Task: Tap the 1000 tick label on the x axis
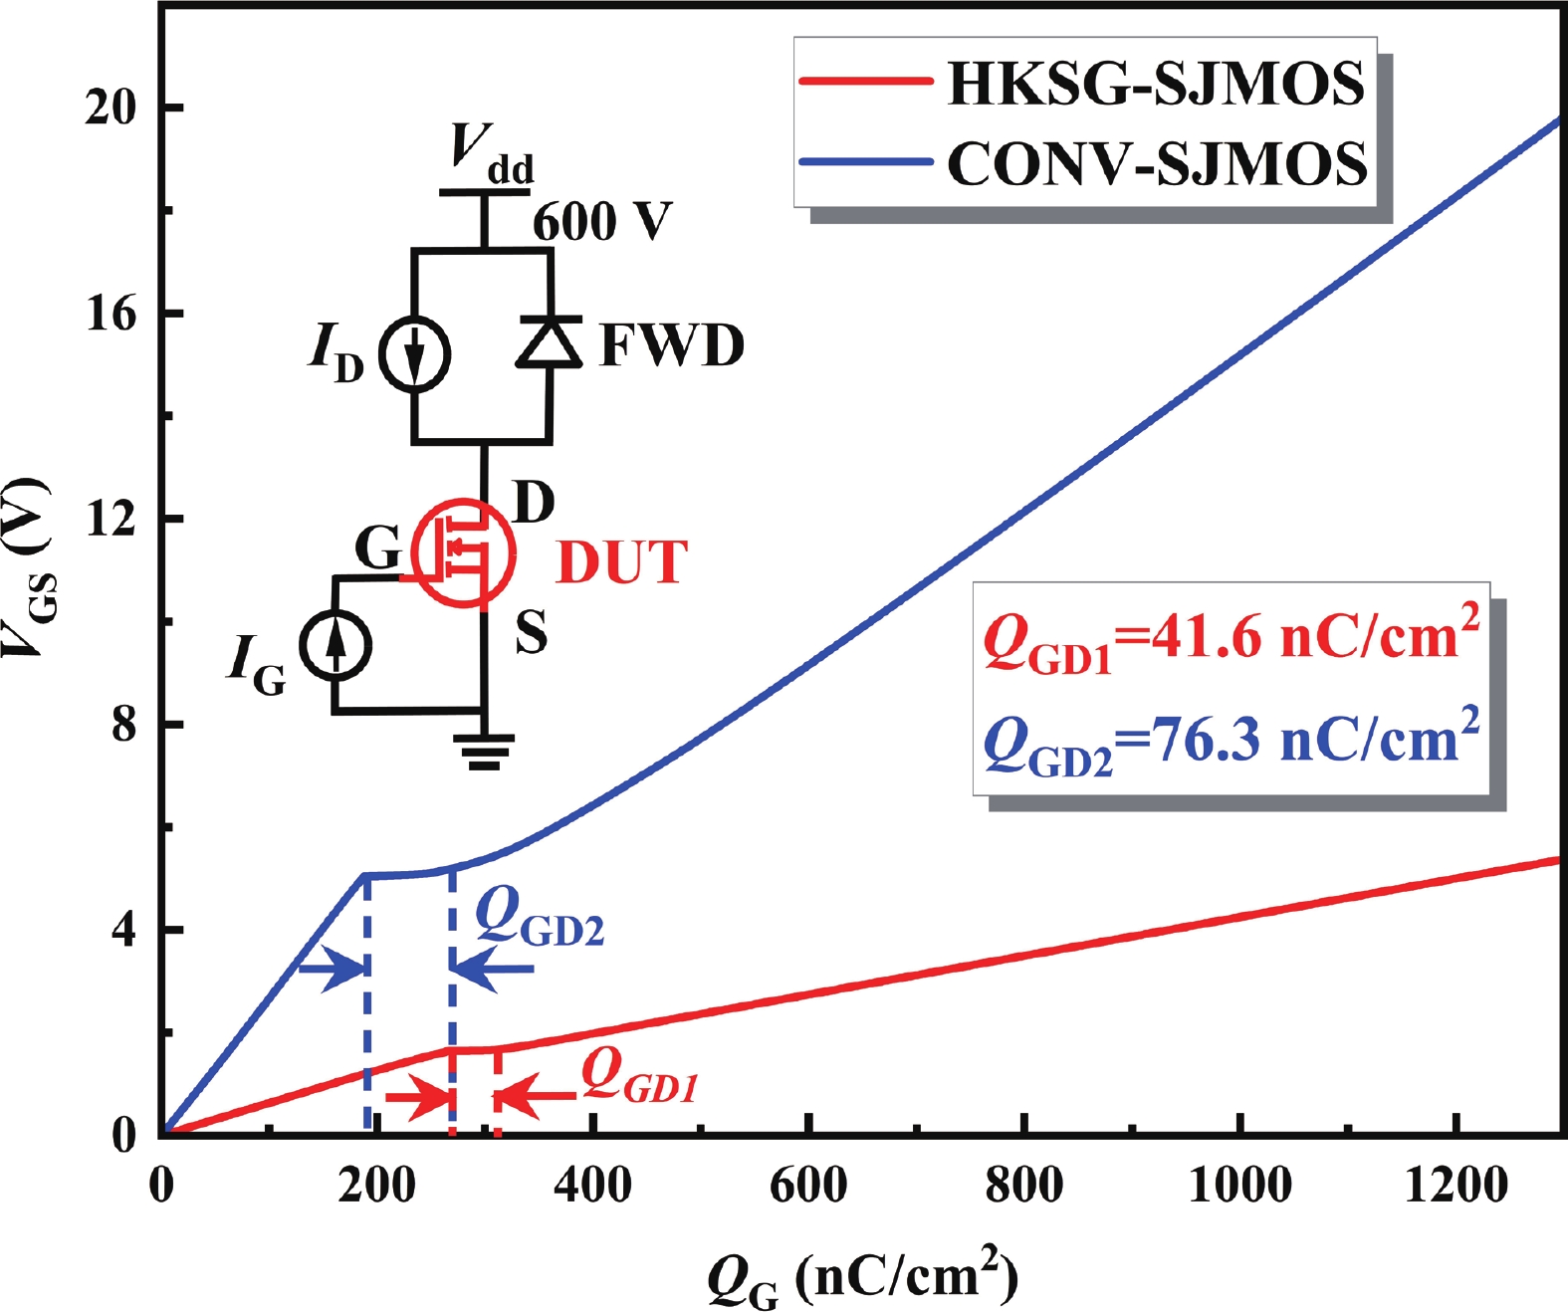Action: [x=1240, y=1186]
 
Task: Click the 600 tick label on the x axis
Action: [x=808, y=1186]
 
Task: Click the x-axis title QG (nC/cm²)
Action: [x=862, y=1278]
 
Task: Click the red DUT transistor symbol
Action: [x=463, y=553]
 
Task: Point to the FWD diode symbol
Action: [x=549, y=342]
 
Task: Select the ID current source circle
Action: [x=415, y=354]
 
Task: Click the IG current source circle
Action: [x=336, y=645]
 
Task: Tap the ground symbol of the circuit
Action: [x=484, y=752]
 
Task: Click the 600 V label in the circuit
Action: [x=602, y=221]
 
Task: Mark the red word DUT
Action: [x=621, y=562]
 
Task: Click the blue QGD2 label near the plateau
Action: [x=539, y=916]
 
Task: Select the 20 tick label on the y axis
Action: [x=110, y=108]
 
